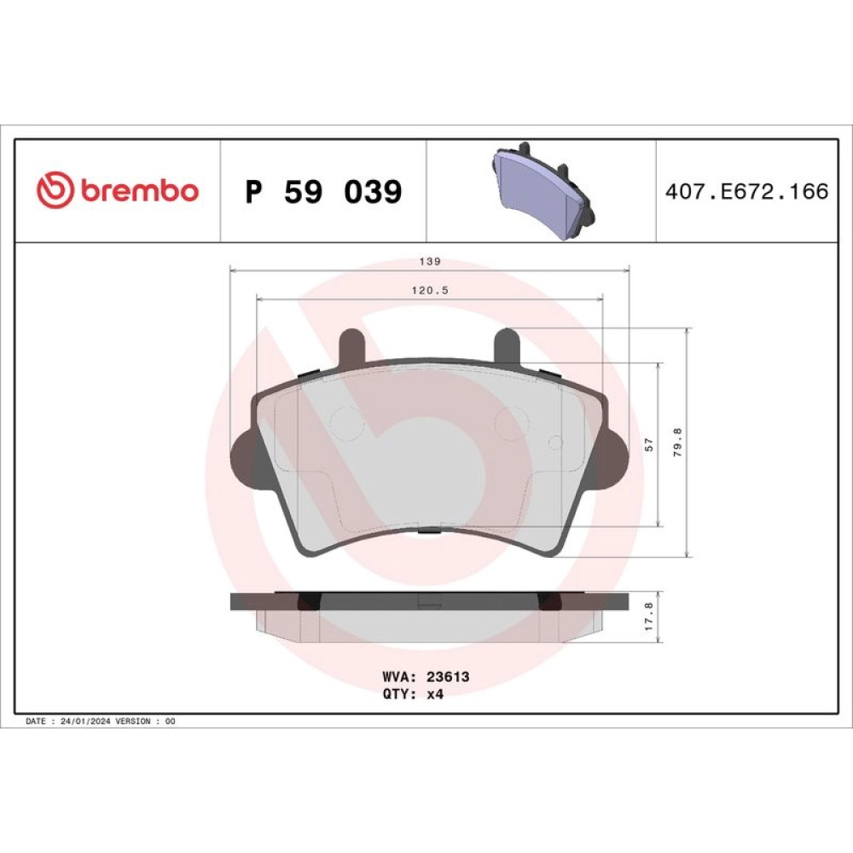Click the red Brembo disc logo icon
pyautogui.click(x=55, y=190)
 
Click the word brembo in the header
pyautogui.click(x=140, y=190)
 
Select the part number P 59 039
pyautogui.click(x=323, y=191)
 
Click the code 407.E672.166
pyautogui.click(x=746, y=191)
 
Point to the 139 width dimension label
pyautogui.click(x=430, y=262)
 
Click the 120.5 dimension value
pyautogui.click(x=430, y=291)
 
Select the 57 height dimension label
pyautogui.click(x=648, y=444)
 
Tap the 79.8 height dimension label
pyautogui.click(x=678, y=442)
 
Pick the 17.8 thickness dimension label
pyautogui.click(x=648, y=616)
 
